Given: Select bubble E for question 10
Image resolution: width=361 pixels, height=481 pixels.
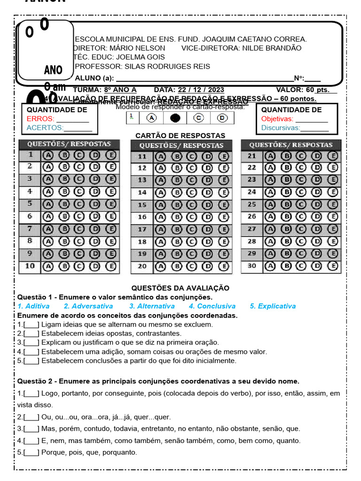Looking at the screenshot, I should click(111, 266).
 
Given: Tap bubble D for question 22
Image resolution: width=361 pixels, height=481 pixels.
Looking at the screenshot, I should click(317, 167).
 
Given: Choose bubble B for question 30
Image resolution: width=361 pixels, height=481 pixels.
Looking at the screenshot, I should click(286, 266).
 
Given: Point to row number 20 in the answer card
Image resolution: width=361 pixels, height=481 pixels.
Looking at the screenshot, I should click(142, 266).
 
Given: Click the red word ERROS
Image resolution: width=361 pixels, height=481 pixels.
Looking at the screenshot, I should click(40, 119).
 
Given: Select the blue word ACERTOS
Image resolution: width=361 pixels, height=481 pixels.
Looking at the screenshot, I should click(45, 128).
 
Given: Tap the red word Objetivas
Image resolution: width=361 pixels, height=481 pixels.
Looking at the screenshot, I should click(277, 119).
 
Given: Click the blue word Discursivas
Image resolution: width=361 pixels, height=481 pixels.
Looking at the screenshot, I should click(281, 128).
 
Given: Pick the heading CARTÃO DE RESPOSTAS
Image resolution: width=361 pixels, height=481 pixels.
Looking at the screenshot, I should click(180, 136).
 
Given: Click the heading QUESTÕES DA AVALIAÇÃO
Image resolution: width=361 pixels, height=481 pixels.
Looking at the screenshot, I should click(180, 288).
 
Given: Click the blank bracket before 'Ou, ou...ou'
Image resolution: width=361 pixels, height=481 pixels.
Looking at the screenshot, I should click(31, 417).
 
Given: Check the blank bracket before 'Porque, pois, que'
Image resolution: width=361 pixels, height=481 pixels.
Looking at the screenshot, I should click(31, 453).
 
